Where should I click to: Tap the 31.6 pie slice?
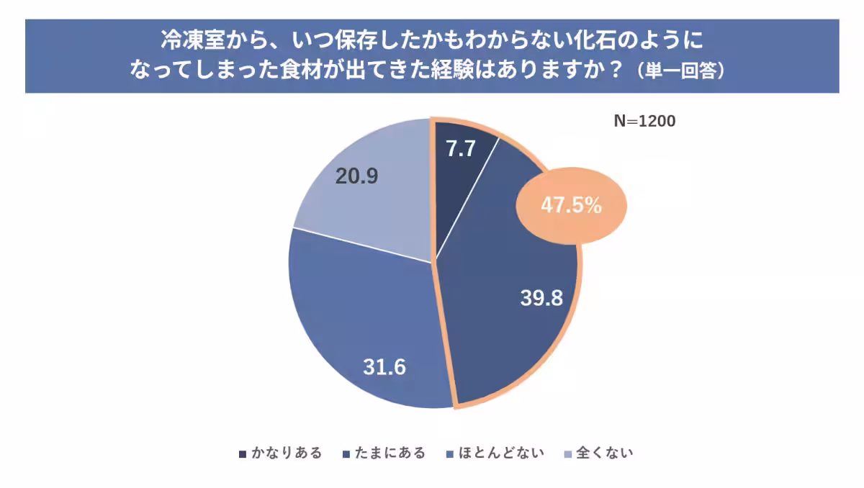[360, 324]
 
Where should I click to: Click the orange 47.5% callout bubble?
[571, 206]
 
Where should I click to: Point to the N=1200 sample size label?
[644, 122]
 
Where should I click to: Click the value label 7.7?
[461, 149]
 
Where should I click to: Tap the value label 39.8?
[541, 298]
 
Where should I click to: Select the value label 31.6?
[384, 367]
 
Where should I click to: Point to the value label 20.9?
[357, 176]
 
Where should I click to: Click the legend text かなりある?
[286, 453]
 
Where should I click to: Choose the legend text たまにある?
[390, 453]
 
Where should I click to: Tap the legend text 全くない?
[605, 453]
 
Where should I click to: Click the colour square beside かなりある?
[243, 454]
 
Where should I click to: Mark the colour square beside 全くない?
[568, 454]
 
